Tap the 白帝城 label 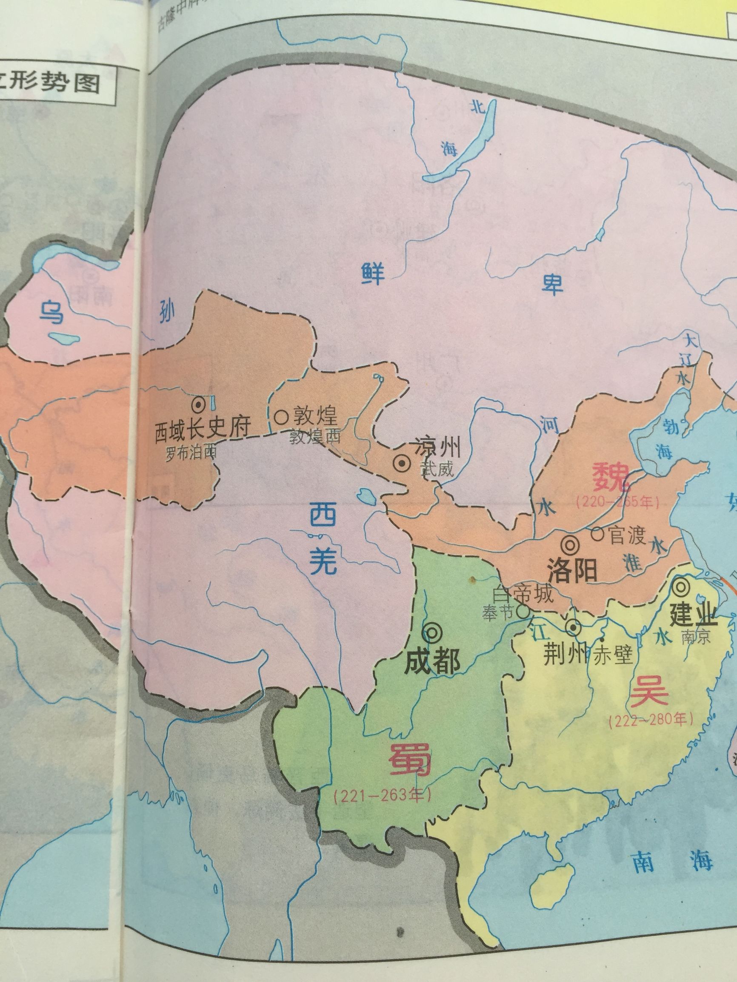tap(523, 594)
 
